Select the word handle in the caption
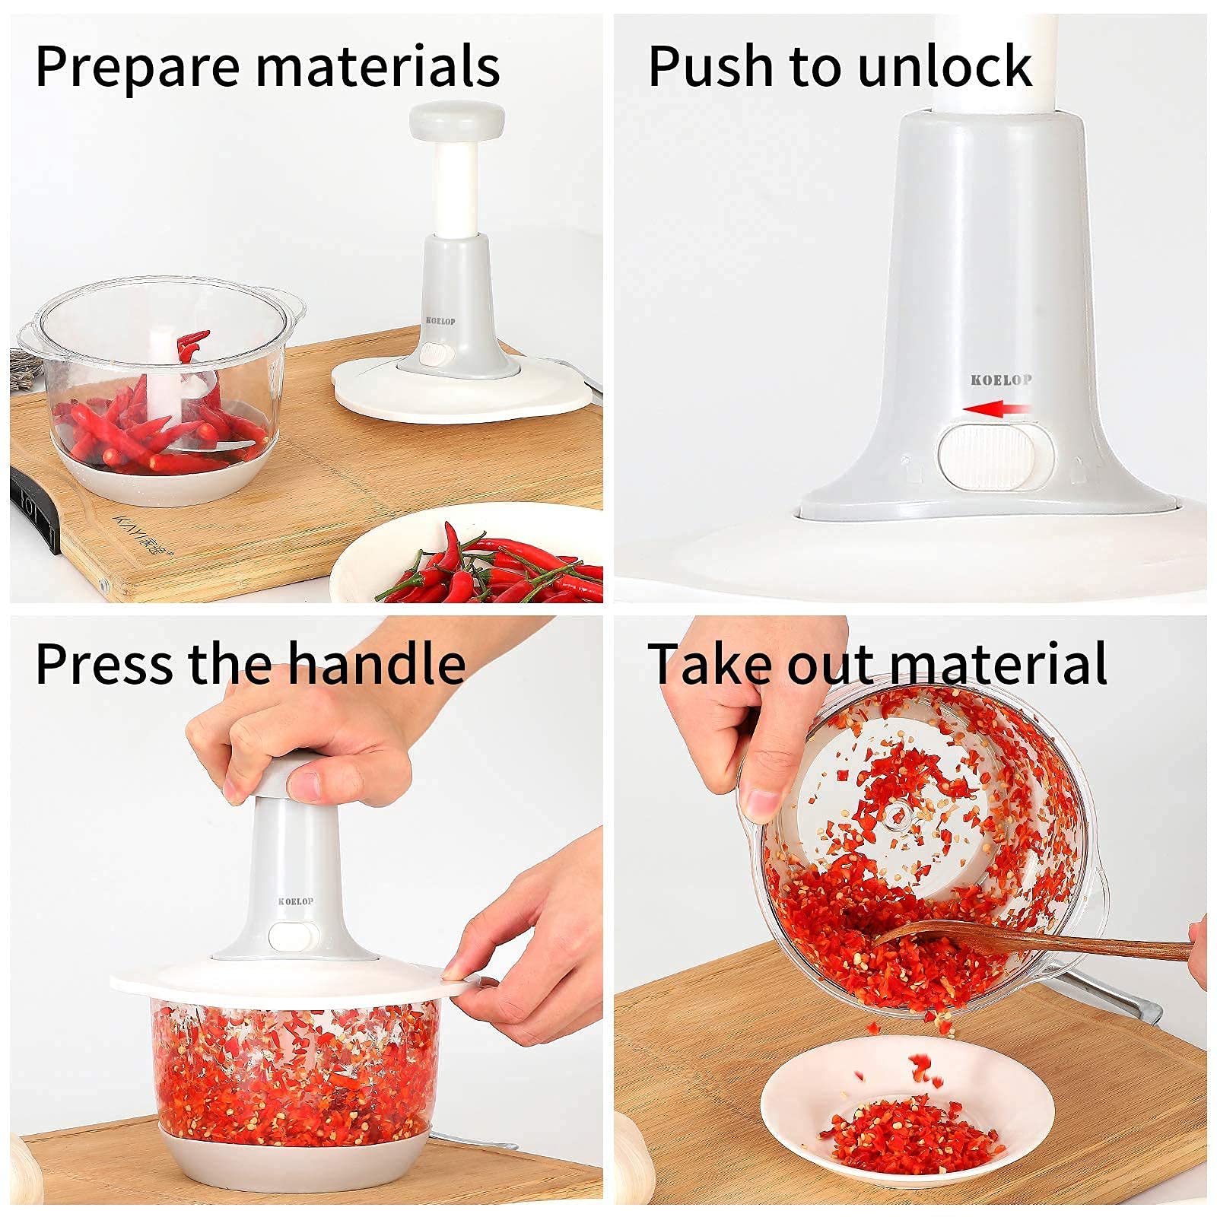click(377, 663)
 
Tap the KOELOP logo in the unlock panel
click(1001, 380)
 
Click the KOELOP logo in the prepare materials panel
click(440, 321)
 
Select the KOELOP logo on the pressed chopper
click(295, 901)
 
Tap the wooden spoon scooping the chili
click(1027, 943)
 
